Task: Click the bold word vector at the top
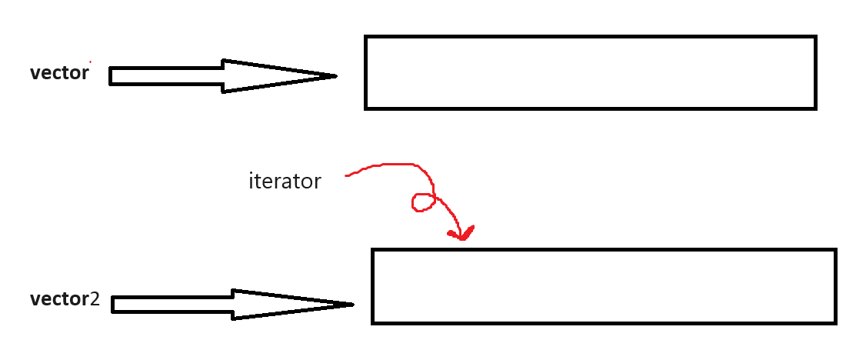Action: pyautogui.click(x=59, y=74)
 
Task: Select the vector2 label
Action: pyautogui.click(x=65, y=299)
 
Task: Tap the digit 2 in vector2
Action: pyautogui.click(x=95, y=299)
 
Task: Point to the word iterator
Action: pyautogui.click(x=285, y=182)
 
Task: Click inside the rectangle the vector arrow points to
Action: pyautogui.click(x=590, y=72)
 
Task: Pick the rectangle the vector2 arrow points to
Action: pyautogui.click(x=604, y=286)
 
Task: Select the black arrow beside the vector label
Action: pyautogui.click(x=223, y=75)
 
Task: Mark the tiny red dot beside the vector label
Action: pyautogui.click(x=90, y=62)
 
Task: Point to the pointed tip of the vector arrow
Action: pyautogui.click(x=336, y=75)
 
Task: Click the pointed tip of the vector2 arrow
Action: pyautogui.click(x=352, y=305)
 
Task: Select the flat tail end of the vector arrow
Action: pyautogui.click(x=111, y=76)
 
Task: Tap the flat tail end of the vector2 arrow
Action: pyautogui.click(x=113, y=305)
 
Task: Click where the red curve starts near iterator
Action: pyautogui.click(x=347, y=176)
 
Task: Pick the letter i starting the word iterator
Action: pyautogui.click(x=251, y=182)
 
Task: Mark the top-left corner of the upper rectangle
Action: pyautogui.click(x=366, y=37)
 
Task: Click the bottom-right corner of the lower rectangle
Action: pyautogui.click(x=834, y=322)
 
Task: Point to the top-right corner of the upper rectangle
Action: pyautogui.click(x=814, y=37)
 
